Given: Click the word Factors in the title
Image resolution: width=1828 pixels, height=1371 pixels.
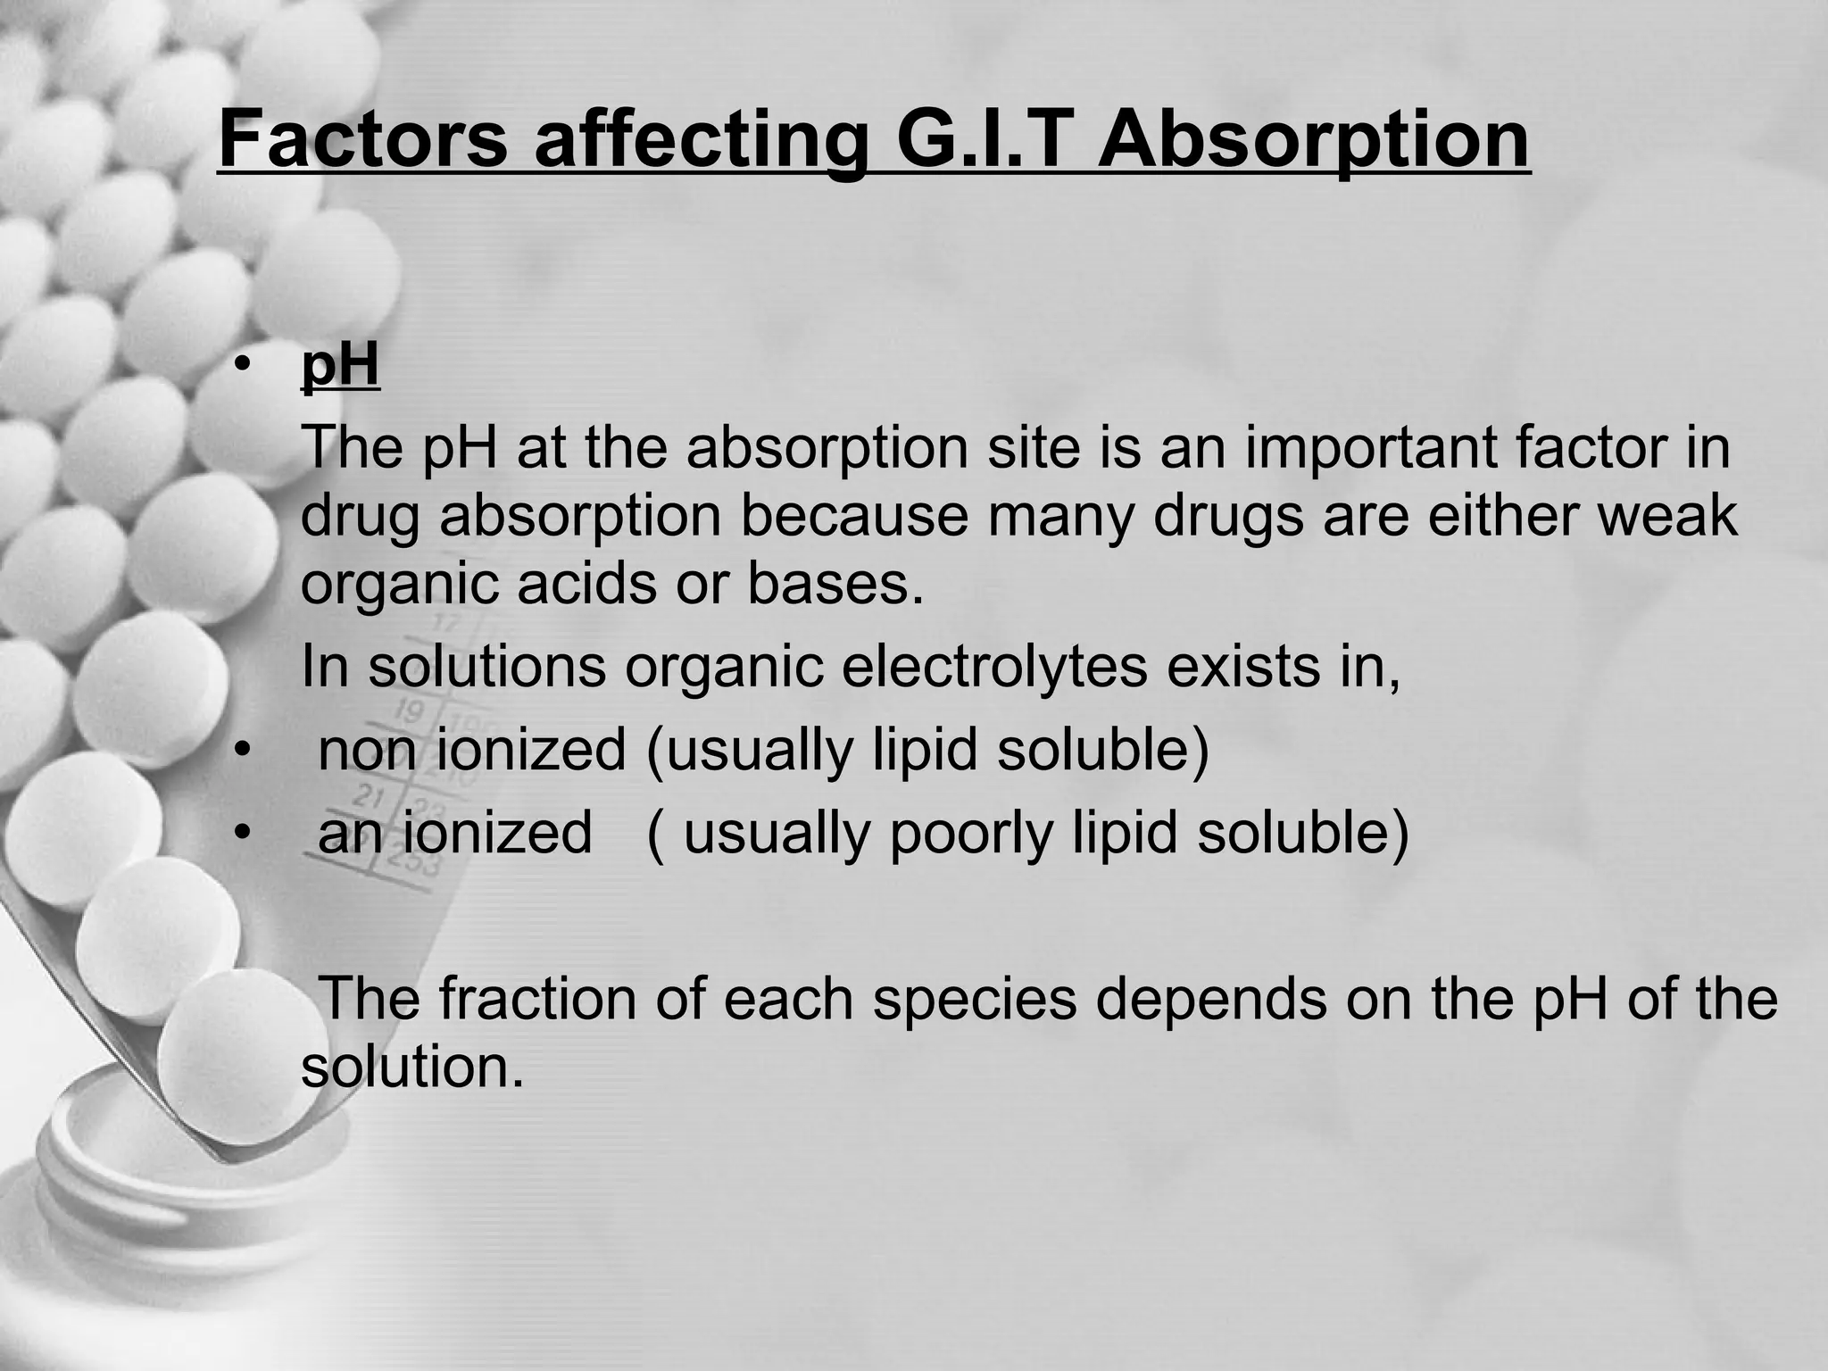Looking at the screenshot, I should click(x=362, y=140).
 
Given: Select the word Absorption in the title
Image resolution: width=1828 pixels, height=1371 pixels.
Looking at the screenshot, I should click(x=1313, y=140).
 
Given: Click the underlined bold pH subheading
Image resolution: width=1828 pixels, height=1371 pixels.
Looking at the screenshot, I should click(x=340, y=365).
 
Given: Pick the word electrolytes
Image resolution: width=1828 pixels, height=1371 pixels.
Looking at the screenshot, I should click(x=993, y=667).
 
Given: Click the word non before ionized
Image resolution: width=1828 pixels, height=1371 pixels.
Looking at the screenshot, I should click(x=367, y=749).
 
